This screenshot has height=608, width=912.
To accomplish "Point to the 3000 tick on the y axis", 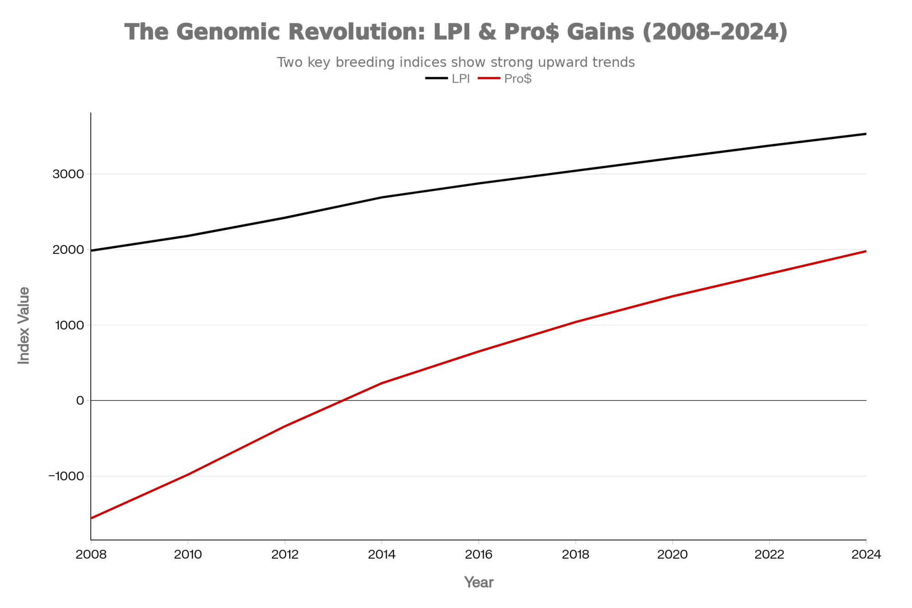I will (68, 174).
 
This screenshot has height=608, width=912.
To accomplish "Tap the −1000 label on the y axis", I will (67, 476).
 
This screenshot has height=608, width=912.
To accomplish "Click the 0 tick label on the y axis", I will (80, 400).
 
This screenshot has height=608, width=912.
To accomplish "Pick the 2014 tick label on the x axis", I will (382, 555).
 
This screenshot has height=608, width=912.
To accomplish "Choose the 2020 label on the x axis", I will (672, 555).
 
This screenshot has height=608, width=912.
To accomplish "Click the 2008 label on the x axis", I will (91, 555).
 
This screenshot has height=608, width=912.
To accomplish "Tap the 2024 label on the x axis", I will (866, 555).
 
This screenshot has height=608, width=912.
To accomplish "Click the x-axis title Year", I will (478, 582).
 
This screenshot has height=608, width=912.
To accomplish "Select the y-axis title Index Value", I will (24, 325).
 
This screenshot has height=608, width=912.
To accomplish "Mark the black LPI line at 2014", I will (382, 197).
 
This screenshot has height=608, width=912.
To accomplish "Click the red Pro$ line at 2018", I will (575, 322).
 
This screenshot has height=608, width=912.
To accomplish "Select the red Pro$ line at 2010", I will (188, 475).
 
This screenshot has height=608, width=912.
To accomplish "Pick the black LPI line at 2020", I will (672, 158).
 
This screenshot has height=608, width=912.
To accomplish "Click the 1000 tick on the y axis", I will (69, 325).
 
